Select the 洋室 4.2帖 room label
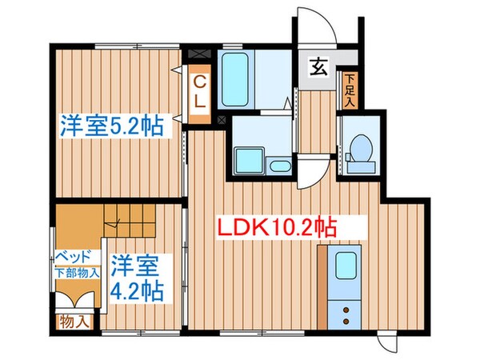tap(136, 275)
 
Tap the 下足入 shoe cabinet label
tap(350, 90)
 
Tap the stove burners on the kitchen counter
tap(346, 310)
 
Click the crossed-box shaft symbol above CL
tap(200, 55)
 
